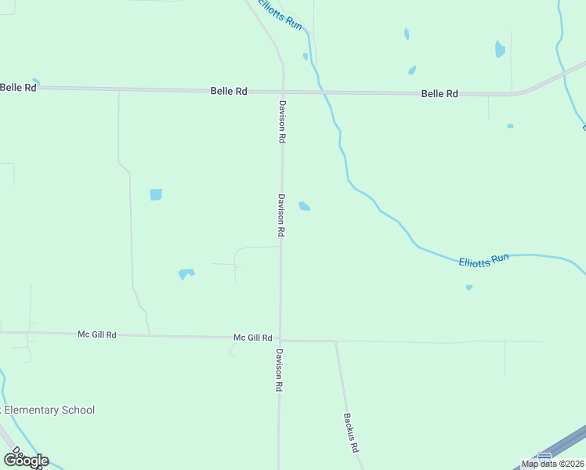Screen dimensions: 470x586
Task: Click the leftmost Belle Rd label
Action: click(18, 88)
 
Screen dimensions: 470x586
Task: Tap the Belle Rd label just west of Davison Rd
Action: click(229, 92)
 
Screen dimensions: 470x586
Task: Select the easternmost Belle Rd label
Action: click(439, 94)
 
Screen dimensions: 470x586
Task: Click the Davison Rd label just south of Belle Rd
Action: click(280, 121)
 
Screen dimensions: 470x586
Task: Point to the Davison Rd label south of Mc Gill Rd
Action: click(278, 371)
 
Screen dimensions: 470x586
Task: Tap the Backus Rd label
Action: click(350, 433)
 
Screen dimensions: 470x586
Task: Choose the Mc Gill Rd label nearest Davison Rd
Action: click(252, 338)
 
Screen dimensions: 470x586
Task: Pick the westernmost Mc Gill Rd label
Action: click(97, 334)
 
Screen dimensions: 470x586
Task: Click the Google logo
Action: click(26, 460)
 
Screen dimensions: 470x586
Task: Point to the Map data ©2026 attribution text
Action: click(552, 464)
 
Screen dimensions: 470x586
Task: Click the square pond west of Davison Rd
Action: click(156, 194)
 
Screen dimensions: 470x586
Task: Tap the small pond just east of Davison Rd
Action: click(304, 206)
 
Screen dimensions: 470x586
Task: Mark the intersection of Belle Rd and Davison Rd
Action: click(283, 92)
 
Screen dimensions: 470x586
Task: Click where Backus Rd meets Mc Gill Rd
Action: click(335, 342)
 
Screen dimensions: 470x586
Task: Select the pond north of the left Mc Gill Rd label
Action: click(186, 273)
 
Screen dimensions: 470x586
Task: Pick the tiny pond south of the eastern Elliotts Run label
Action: click(469, 287)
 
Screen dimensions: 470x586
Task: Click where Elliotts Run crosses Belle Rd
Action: click(320, 92)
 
